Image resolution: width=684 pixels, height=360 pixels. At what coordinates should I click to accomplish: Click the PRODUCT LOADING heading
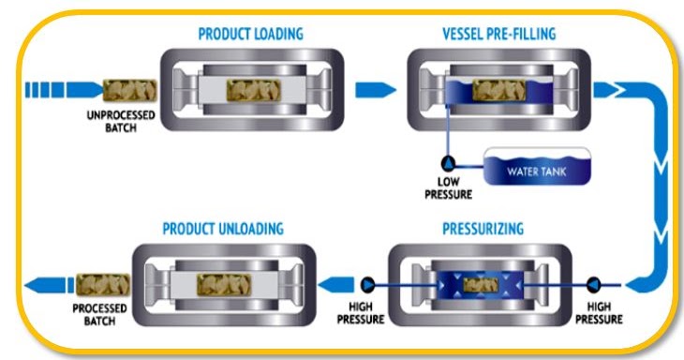pyautogui.click(x=250, y=34)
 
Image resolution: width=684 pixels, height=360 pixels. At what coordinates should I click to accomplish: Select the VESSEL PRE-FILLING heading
pyautogui.click(x=499, y=34)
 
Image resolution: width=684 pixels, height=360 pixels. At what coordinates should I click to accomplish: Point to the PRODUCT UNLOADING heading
pyautogui.click(x=223, y=229)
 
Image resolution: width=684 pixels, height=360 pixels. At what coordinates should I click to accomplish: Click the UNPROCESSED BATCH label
pyautogui.click(x=108, y=123)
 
